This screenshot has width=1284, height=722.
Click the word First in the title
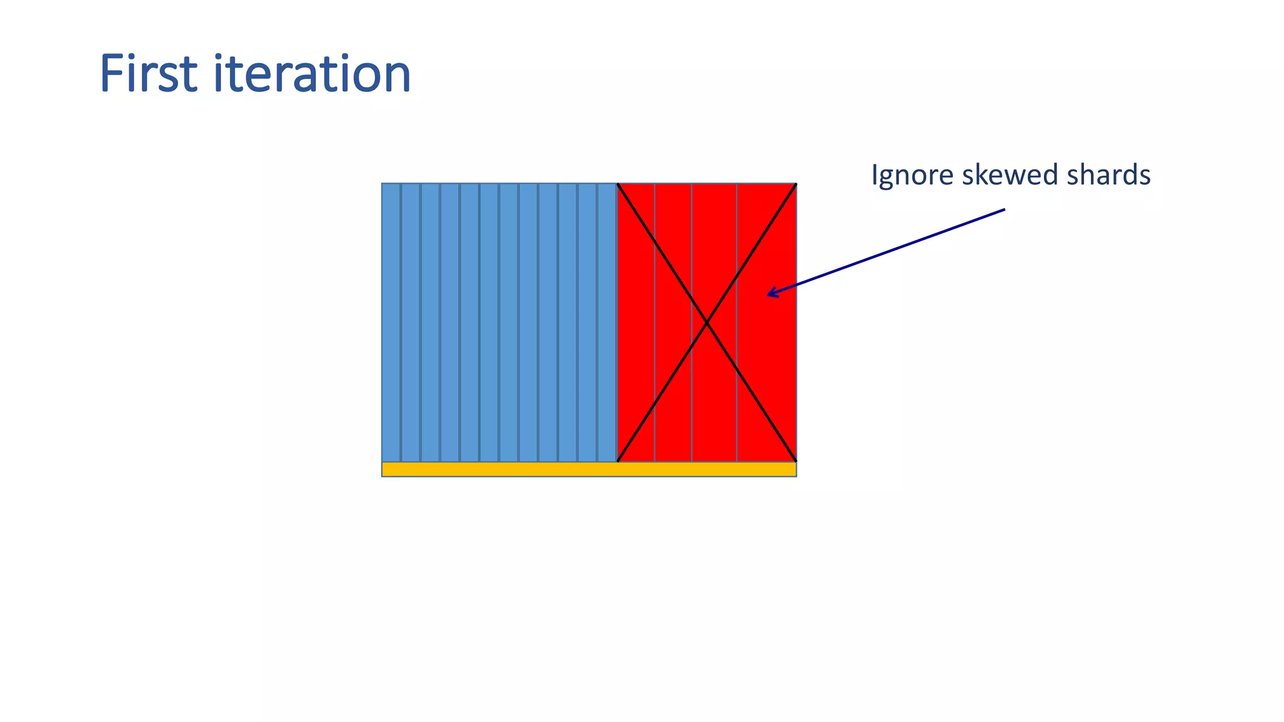[x=149, y=74]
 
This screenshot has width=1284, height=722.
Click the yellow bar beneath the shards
[x=589, y=469]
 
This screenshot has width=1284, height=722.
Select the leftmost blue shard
[x=391, y=322]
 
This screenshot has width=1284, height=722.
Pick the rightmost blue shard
[x=607, y=322]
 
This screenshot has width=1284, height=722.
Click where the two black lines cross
[x=707, y=322]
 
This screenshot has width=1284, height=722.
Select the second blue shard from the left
[x=411, y=322]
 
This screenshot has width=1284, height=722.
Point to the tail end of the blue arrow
[x=1004, y=209]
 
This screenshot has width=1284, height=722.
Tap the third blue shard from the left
[x=430, y=322]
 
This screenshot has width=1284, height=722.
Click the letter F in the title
[x=113, y=74]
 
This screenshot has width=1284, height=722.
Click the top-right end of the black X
[x=796, y=184]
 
